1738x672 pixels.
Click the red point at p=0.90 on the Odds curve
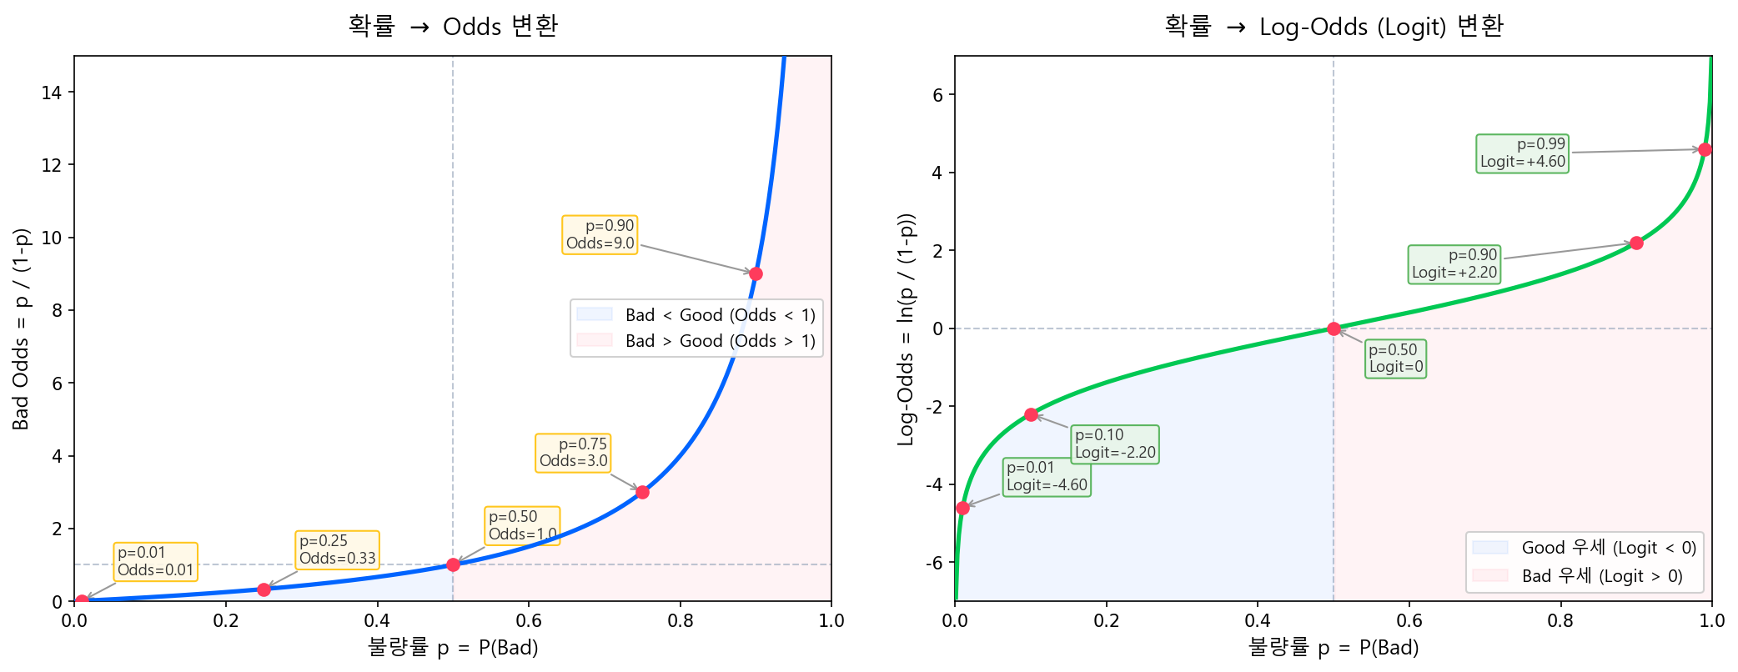click(x=756, y=273)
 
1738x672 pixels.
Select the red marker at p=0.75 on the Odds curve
click(x=642, y=492)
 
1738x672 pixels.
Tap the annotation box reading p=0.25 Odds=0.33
click(x=337, y=549)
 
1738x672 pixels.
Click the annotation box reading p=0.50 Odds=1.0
click(x=522, y=525)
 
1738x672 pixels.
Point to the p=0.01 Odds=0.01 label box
click(x=155, y=561)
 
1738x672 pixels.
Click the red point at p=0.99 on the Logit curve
click(x=1705, y=149)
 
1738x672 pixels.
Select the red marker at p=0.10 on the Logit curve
click(x=1031, y=414)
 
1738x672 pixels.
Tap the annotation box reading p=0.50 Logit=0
click(x=1395, y=359)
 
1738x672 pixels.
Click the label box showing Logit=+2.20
click(x=1454, y=263)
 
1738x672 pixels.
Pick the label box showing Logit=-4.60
click(x=1047, y=477)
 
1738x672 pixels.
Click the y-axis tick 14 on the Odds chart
click(x=52, y=93)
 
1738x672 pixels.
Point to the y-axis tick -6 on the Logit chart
click(x=934, y=563)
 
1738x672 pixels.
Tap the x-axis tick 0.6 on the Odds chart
click(x=529, y=621)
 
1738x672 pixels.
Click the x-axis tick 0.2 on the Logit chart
click(x=1107, y=621)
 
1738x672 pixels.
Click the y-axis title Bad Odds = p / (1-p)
click(x=22, y=328)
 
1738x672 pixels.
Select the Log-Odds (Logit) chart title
click(x=1334, y=27)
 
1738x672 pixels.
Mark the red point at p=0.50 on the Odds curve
click(x=453, y=564)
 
